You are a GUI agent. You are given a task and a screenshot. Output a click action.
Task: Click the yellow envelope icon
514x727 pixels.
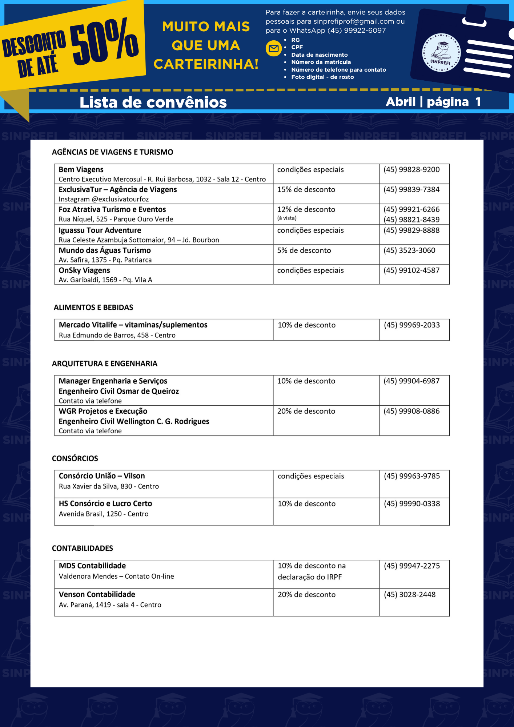274,48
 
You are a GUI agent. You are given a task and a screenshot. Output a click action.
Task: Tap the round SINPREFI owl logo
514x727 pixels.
441,53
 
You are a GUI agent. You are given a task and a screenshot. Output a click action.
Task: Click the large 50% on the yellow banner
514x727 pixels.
104,41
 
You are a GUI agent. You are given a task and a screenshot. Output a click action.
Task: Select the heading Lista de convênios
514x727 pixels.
153,102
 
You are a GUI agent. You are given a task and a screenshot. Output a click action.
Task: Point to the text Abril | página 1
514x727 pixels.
433,102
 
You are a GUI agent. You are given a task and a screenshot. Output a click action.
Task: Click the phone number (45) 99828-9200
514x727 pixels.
411,170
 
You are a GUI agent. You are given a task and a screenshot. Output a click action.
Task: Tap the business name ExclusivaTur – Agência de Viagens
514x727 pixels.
118,189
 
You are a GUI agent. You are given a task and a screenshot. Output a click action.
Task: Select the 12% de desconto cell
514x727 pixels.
306,209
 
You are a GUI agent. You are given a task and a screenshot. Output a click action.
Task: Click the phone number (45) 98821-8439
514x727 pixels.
411,220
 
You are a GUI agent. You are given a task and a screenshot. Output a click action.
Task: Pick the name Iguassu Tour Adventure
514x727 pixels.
100,230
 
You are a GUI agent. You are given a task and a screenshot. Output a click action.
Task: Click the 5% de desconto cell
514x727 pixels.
304,250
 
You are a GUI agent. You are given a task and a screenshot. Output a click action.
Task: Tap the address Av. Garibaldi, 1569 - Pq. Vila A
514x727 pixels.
105,280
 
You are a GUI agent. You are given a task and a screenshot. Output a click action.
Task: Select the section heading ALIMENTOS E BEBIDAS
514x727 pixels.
93,308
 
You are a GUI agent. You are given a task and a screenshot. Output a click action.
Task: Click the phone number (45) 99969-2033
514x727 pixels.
412,325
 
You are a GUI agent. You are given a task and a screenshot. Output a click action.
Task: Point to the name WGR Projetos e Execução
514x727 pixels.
103,411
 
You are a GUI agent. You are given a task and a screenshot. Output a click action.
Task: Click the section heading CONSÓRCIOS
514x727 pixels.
75,458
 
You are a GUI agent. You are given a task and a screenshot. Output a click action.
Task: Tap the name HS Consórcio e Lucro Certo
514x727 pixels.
105,503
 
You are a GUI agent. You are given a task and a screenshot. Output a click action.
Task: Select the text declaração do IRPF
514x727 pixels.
310,577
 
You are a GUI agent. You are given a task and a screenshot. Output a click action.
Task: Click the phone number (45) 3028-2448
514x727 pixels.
410,595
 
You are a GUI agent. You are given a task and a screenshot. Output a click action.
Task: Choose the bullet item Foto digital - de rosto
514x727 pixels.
322,77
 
